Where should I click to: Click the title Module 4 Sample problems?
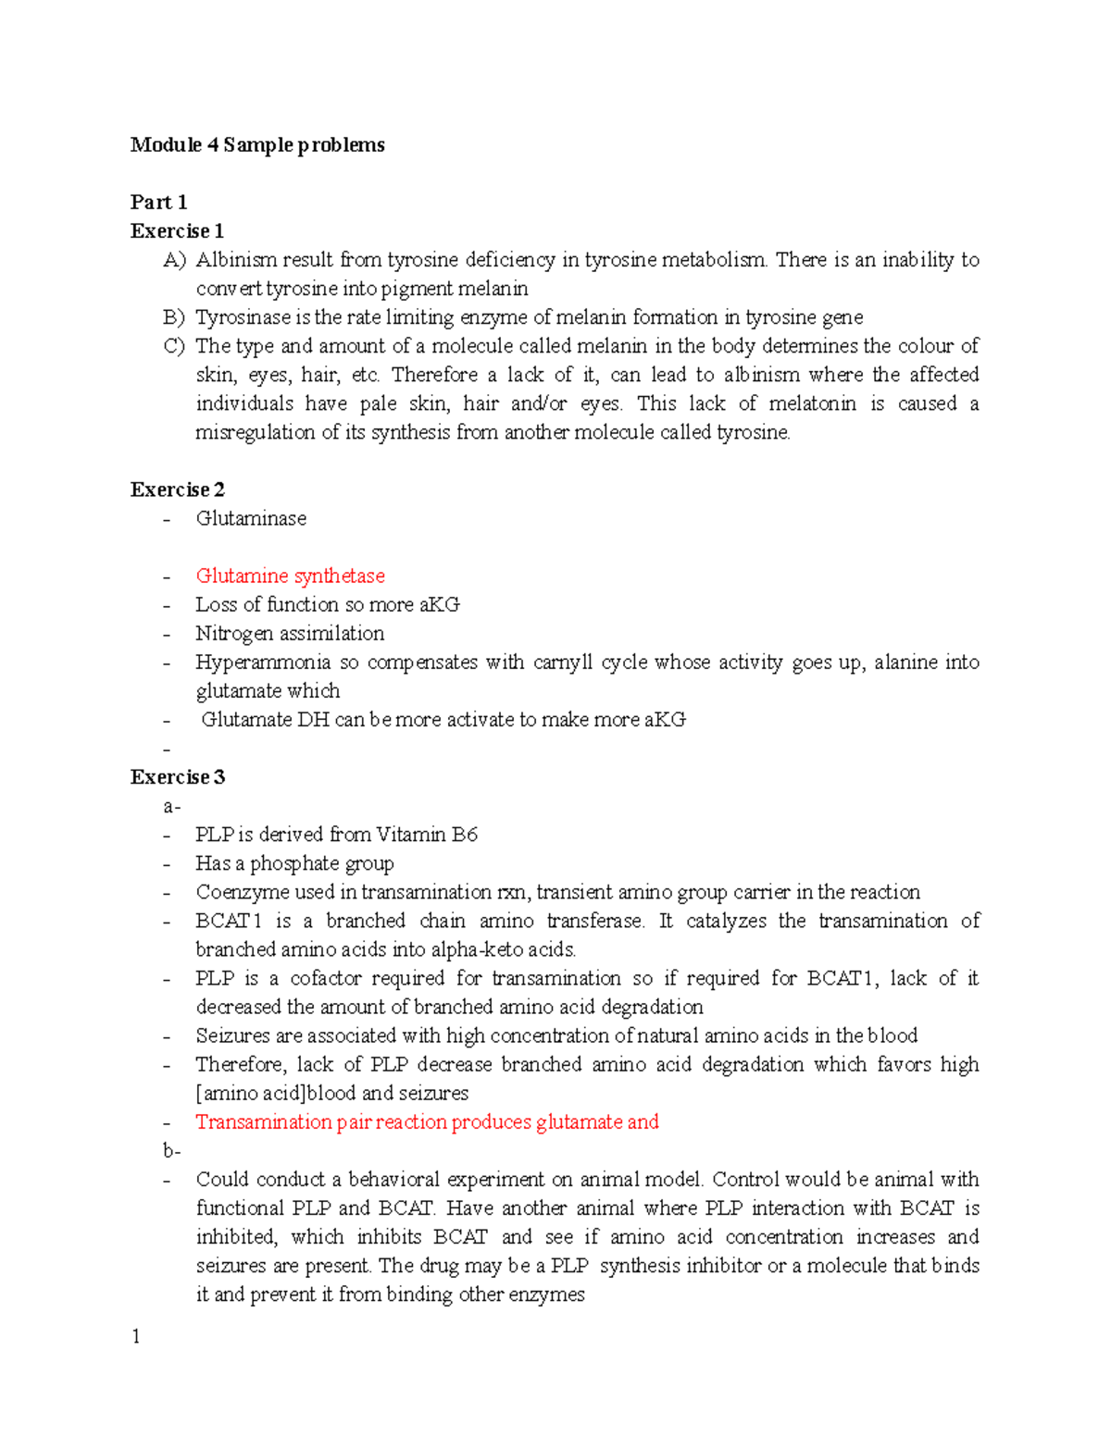(257, 145)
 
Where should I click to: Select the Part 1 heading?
(158, 203)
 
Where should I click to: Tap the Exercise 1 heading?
(177, 231)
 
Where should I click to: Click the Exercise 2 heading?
(177, 490)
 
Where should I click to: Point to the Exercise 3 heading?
(177, 777)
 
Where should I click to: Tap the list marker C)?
(174, 346)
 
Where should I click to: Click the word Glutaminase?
(251, 519)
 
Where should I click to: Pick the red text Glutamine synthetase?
(290, 576)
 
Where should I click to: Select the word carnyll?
(562, 663)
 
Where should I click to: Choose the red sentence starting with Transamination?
(427, 1122)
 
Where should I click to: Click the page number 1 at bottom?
(136, 1336)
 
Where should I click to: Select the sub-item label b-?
(171, 1150)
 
